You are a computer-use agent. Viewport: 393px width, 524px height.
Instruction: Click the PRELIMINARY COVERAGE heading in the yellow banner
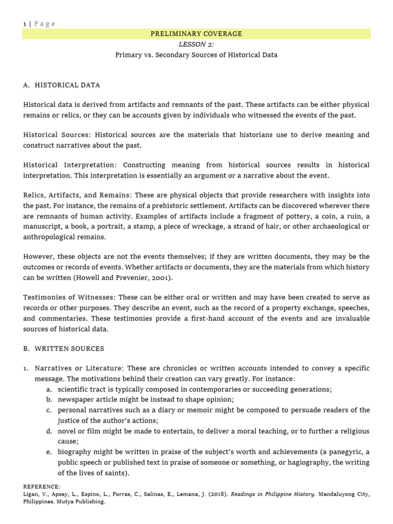pos(196,34)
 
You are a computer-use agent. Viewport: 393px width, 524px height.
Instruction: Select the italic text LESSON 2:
pos(196,45)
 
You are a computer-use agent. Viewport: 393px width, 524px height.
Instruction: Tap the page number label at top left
pos(39,24)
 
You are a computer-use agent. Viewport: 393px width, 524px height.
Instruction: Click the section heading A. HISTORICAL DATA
pos(62,85)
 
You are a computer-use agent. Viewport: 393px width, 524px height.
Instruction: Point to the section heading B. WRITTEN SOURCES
pos(63,348)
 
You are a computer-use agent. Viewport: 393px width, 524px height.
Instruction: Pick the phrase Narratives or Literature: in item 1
pos(79,368)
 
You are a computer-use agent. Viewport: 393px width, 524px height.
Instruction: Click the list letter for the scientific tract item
pos(48,389)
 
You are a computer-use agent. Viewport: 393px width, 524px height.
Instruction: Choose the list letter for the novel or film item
pos(48,431)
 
